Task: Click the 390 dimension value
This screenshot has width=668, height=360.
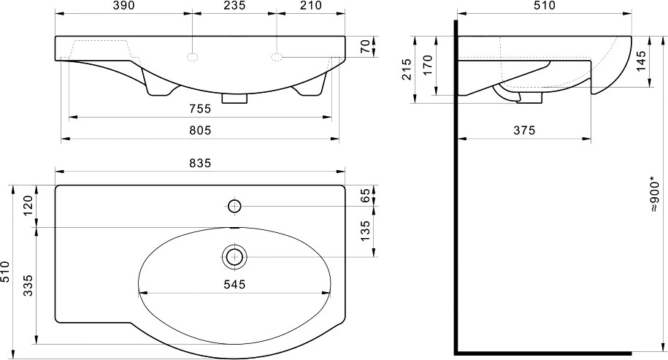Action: pyautogui.click(x=124, y=6)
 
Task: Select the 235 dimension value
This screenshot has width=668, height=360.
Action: pyautogui.click(x=235, y=6)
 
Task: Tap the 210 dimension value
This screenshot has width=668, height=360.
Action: pyautogui.click(x=311, y=6)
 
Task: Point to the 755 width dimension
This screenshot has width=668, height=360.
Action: pyautogui.click(x=200, y=109)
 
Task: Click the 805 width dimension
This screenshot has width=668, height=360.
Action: pyautogui.click(x=200, y=131)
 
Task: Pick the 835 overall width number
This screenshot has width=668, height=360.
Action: pyautogui.click(x=200, y=163)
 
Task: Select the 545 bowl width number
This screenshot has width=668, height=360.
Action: pyautogui.click(x=235, y=284)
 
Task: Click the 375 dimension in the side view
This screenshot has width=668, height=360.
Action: pyautogui.click(x=524, y=131)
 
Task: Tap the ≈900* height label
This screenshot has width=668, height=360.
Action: pyautogui.click(x=655, y=195)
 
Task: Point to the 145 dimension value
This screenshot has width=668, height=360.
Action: pyautogui.click(x=641, y=61)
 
